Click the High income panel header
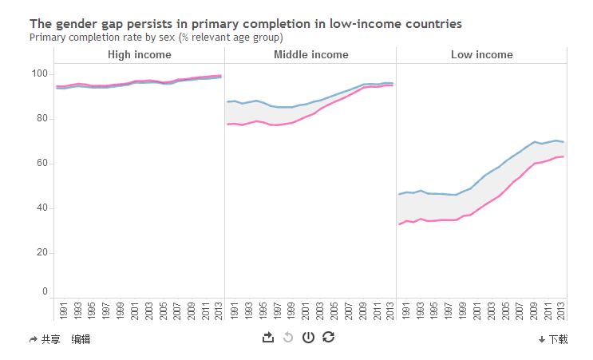coord(139,55)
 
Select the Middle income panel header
coord(310,55)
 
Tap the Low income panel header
coord(481,55)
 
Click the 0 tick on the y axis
coord(45,292)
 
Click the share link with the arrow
coord(45,339)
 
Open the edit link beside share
coord(81,339)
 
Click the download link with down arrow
coord(553,339)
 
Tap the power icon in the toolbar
coord(308,338)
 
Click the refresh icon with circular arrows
coord(328,338)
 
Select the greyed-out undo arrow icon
coord(288,338)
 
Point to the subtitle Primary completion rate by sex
coord(156,37)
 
